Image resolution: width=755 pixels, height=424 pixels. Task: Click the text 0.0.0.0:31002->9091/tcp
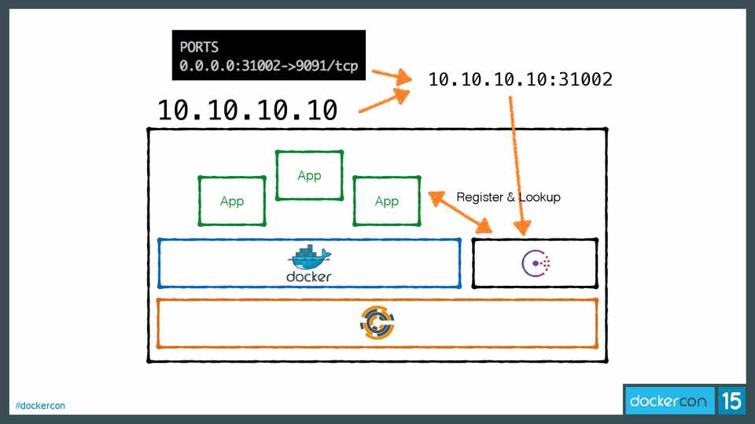(x=268, y=67)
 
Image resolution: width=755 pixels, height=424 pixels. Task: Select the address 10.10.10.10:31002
(x=520, y=79)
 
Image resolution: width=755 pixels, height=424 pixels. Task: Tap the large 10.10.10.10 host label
(x=248, y=109)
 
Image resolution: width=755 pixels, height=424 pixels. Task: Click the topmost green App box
(x=309, y=175)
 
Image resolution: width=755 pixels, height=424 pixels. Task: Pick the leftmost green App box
(x=231, y=201)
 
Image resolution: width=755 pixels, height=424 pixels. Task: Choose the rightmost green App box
(x=386, y=201)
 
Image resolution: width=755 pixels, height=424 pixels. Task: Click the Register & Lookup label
(x=508, y=197)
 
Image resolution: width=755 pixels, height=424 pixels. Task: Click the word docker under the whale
(x=309, y=276)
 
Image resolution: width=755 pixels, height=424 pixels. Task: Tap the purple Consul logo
(x=536, y=263)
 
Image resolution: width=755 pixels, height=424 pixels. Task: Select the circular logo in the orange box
(x=377, y=323)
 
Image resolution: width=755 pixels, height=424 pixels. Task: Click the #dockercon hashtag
(x=40, y=406)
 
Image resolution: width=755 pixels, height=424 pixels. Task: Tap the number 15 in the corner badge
(x=731, y=401)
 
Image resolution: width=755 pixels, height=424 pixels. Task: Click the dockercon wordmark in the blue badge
(x=668, y=401)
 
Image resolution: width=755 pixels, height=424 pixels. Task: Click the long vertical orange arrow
(x=517, y=165)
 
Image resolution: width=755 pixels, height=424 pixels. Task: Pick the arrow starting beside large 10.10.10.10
(x=385, y=101)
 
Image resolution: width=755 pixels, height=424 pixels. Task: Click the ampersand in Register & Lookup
(x=510, y=197)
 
